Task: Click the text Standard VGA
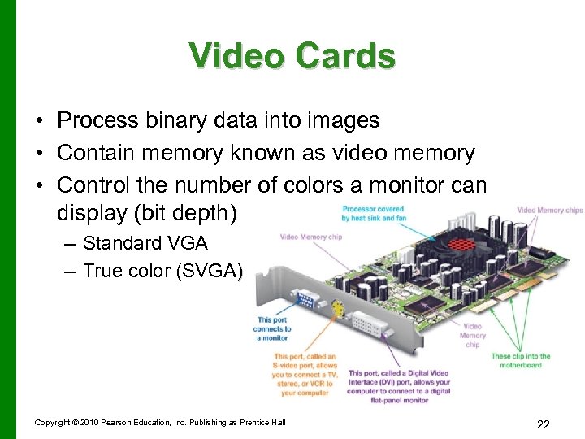[x=145, y=243]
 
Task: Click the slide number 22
[x=544, y=424]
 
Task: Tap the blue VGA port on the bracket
[x=305, y=299]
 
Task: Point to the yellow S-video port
[x=336, y=309]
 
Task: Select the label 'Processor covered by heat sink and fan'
[x=373, y=213]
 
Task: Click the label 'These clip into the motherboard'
[x=520, y=360]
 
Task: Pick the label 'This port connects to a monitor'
[x=272, y=328]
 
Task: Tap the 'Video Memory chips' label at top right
[x=549, y=210]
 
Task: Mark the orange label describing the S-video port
[x=305, y=374]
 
